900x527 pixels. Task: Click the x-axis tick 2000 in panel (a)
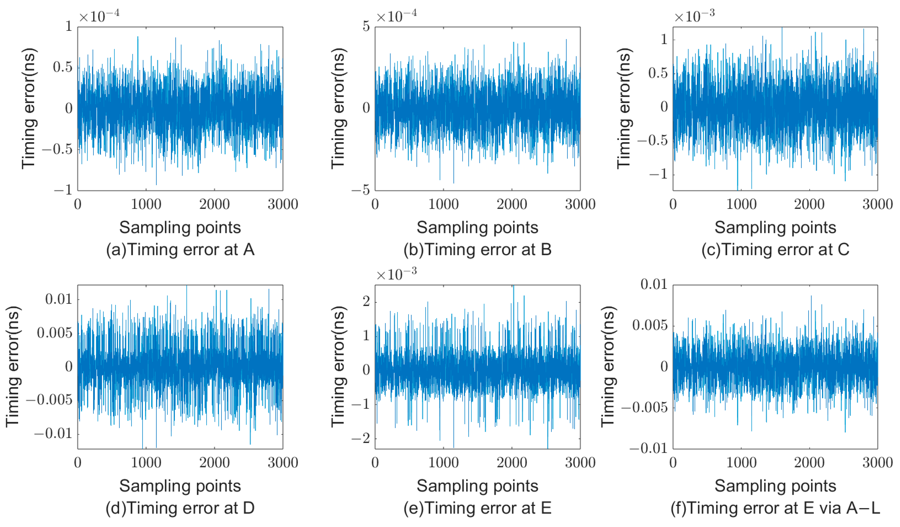click(214, 204)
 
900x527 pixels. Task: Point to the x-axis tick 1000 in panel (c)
click(741, 204)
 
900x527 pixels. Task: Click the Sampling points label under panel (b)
click(478, 228)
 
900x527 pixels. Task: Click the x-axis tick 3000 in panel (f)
click(877, 463)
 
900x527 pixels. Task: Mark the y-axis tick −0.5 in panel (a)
click(57, 149)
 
